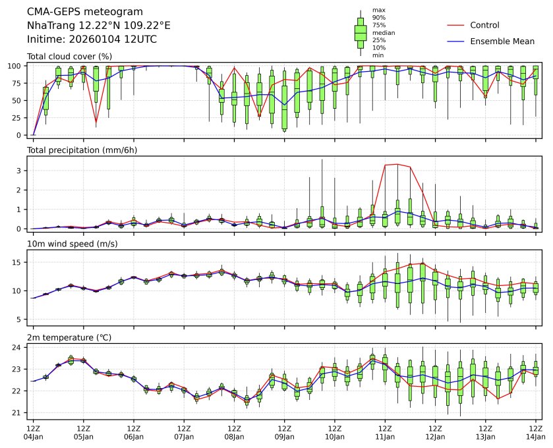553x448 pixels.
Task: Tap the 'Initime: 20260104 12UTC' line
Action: click(92, 39)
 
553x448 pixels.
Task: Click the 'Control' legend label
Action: click(484, 25)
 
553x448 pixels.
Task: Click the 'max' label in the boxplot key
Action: click(378, 10)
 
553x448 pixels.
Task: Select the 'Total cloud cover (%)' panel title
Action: click(69, 56)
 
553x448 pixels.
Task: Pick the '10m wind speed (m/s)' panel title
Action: click(69, 244)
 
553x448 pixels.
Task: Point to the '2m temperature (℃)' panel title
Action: click(69, 338)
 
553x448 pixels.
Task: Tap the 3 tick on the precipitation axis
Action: click(21, 171)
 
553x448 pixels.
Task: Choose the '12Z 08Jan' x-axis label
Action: click(234, 432)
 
